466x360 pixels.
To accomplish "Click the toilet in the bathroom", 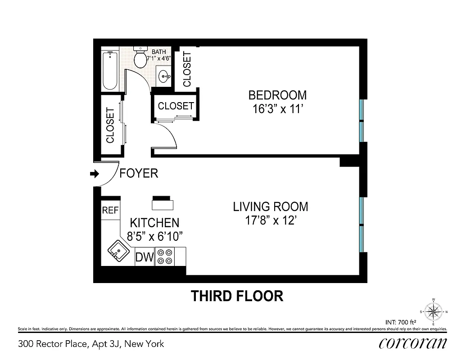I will click(142, 58).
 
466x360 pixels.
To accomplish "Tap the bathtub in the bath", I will click(110, 71).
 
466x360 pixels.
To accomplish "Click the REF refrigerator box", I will click(110, 210).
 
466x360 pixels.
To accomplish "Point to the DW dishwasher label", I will click(145, 258).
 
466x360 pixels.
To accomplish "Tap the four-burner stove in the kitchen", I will click(164, 257).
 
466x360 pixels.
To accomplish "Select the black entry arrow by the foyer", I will click(95, 174).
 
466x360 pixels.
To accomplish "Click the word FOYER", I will click(139, 173).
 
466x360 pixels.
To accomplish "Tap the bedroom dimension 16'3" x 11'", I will click(277, 109).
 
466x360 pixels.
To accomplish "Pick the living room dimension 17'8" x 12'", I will click(270, 220).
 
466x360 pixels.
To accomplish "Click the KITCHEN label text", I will click(154, 222).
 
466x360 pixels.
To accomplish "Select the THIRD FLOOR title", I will click(237, 296).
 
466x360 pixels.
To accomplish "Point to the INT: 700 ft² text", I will click(400, 322).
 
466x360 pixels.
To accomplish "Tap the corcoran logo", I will click(412, 343).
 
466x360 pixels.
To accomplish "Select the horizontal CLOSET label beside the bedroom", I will click(176, 106).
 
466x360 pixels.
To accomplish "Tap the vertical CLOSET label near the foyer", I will click(110, 125).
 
